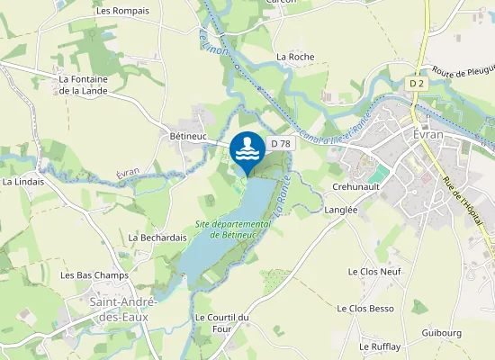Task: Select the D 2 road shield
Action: click(x=416, y=84)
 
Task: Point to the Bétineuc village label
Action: click(x=188, y=136)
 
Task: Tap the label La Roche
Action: click(x=294, y=56)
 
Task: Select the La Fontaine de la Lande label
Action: click(x=83, y=85)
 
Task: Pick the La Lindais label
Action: click(x=23, y=181)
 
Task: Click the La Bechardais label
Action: click(x=157, y=238)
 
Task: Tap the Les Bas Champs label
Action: click(x=94, y=274)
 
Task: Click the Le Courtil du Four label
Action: click(x=220, y=323)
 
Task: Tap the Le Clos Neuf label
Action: click(x=373, y=271)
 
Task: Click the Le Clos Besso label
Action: click(x=365, y=308)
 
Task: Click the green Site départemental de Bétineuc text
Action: click(x=233, y=229)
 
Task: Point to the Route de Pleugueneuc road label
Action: click(x=464, y=72)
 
